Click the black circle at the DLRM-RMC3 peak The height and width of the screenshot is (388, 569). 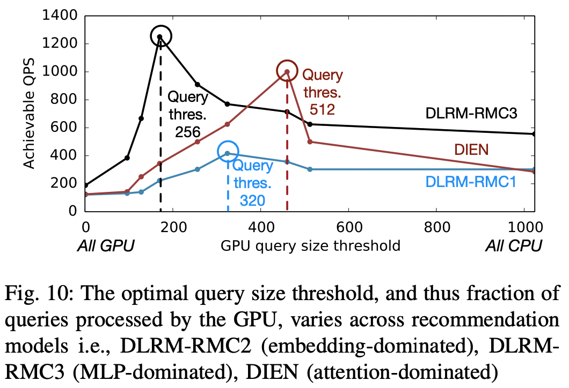[x=160, y=36]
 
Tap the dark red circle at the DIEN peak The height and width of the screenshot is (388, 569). [x=287, y=71]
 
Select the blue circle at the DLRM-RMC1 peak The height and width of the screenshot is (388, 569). [x=228, y=152]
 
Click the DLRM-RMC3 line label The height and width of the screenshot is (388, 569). [x=473, y=113]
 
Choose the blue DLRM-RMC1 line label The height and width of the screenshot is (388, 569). [x=470, y=182]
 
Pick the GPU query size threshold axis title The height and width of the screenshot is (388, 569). [x=311, y=246]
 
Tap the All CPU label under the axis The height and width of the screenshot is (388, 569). [x=514, y=246]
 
